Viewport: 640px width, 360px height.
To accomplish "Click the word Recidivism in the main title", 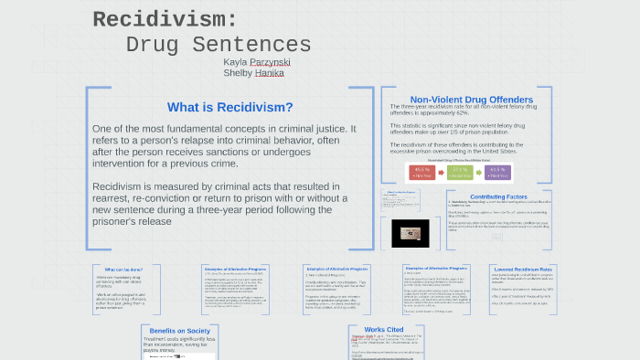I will pos(165,19).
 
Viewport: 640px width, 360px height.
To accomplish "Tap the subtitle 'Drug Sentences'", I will pos(219,45).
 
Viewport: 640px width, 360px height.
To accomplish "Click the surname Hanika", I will pos(270,73).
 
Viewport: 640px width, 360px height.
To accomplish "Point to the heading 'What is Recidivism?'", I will pos(230,107).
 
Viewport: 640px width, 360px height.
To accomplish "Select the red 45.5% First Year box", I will pos(422,172).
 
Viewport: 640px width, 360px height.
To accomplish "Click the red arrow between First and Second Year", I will pos(442,172).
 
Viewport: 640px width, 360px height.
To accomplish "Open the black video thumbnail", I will pos(411,233).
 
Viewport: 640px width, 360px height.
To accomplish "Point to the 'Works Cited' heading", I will pos(384,329).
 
